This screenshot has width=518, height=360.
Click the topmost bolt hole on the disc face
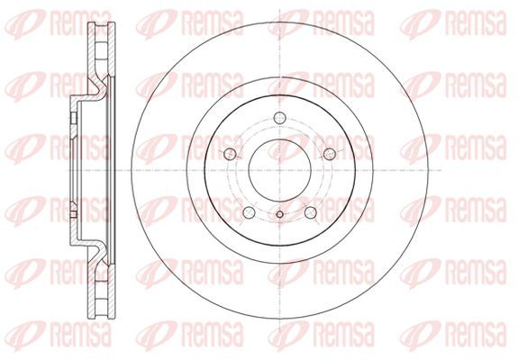click(x=280, y=118)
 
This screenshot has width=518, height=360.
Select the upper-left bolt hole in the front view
click(x=230, y=154)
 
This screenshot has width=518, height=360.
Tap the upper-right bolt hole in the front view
click(x=330, y=154)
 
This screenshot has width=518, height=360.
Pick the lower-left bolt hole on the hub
click(x=249, y=212)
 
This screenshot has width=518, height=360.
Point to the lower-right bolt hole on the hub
click(x=311, y=212)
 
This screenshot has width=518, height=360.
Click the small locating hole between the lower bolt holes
click(x=279, y=214)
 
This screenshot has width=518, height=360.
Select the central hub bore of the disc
click(x=280, y=170)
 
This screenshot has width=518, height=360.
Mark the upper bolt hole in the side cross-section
click(x=74, y=118)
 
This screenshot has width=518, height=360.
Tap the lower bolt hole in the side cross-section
click(x=74, y=211)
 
